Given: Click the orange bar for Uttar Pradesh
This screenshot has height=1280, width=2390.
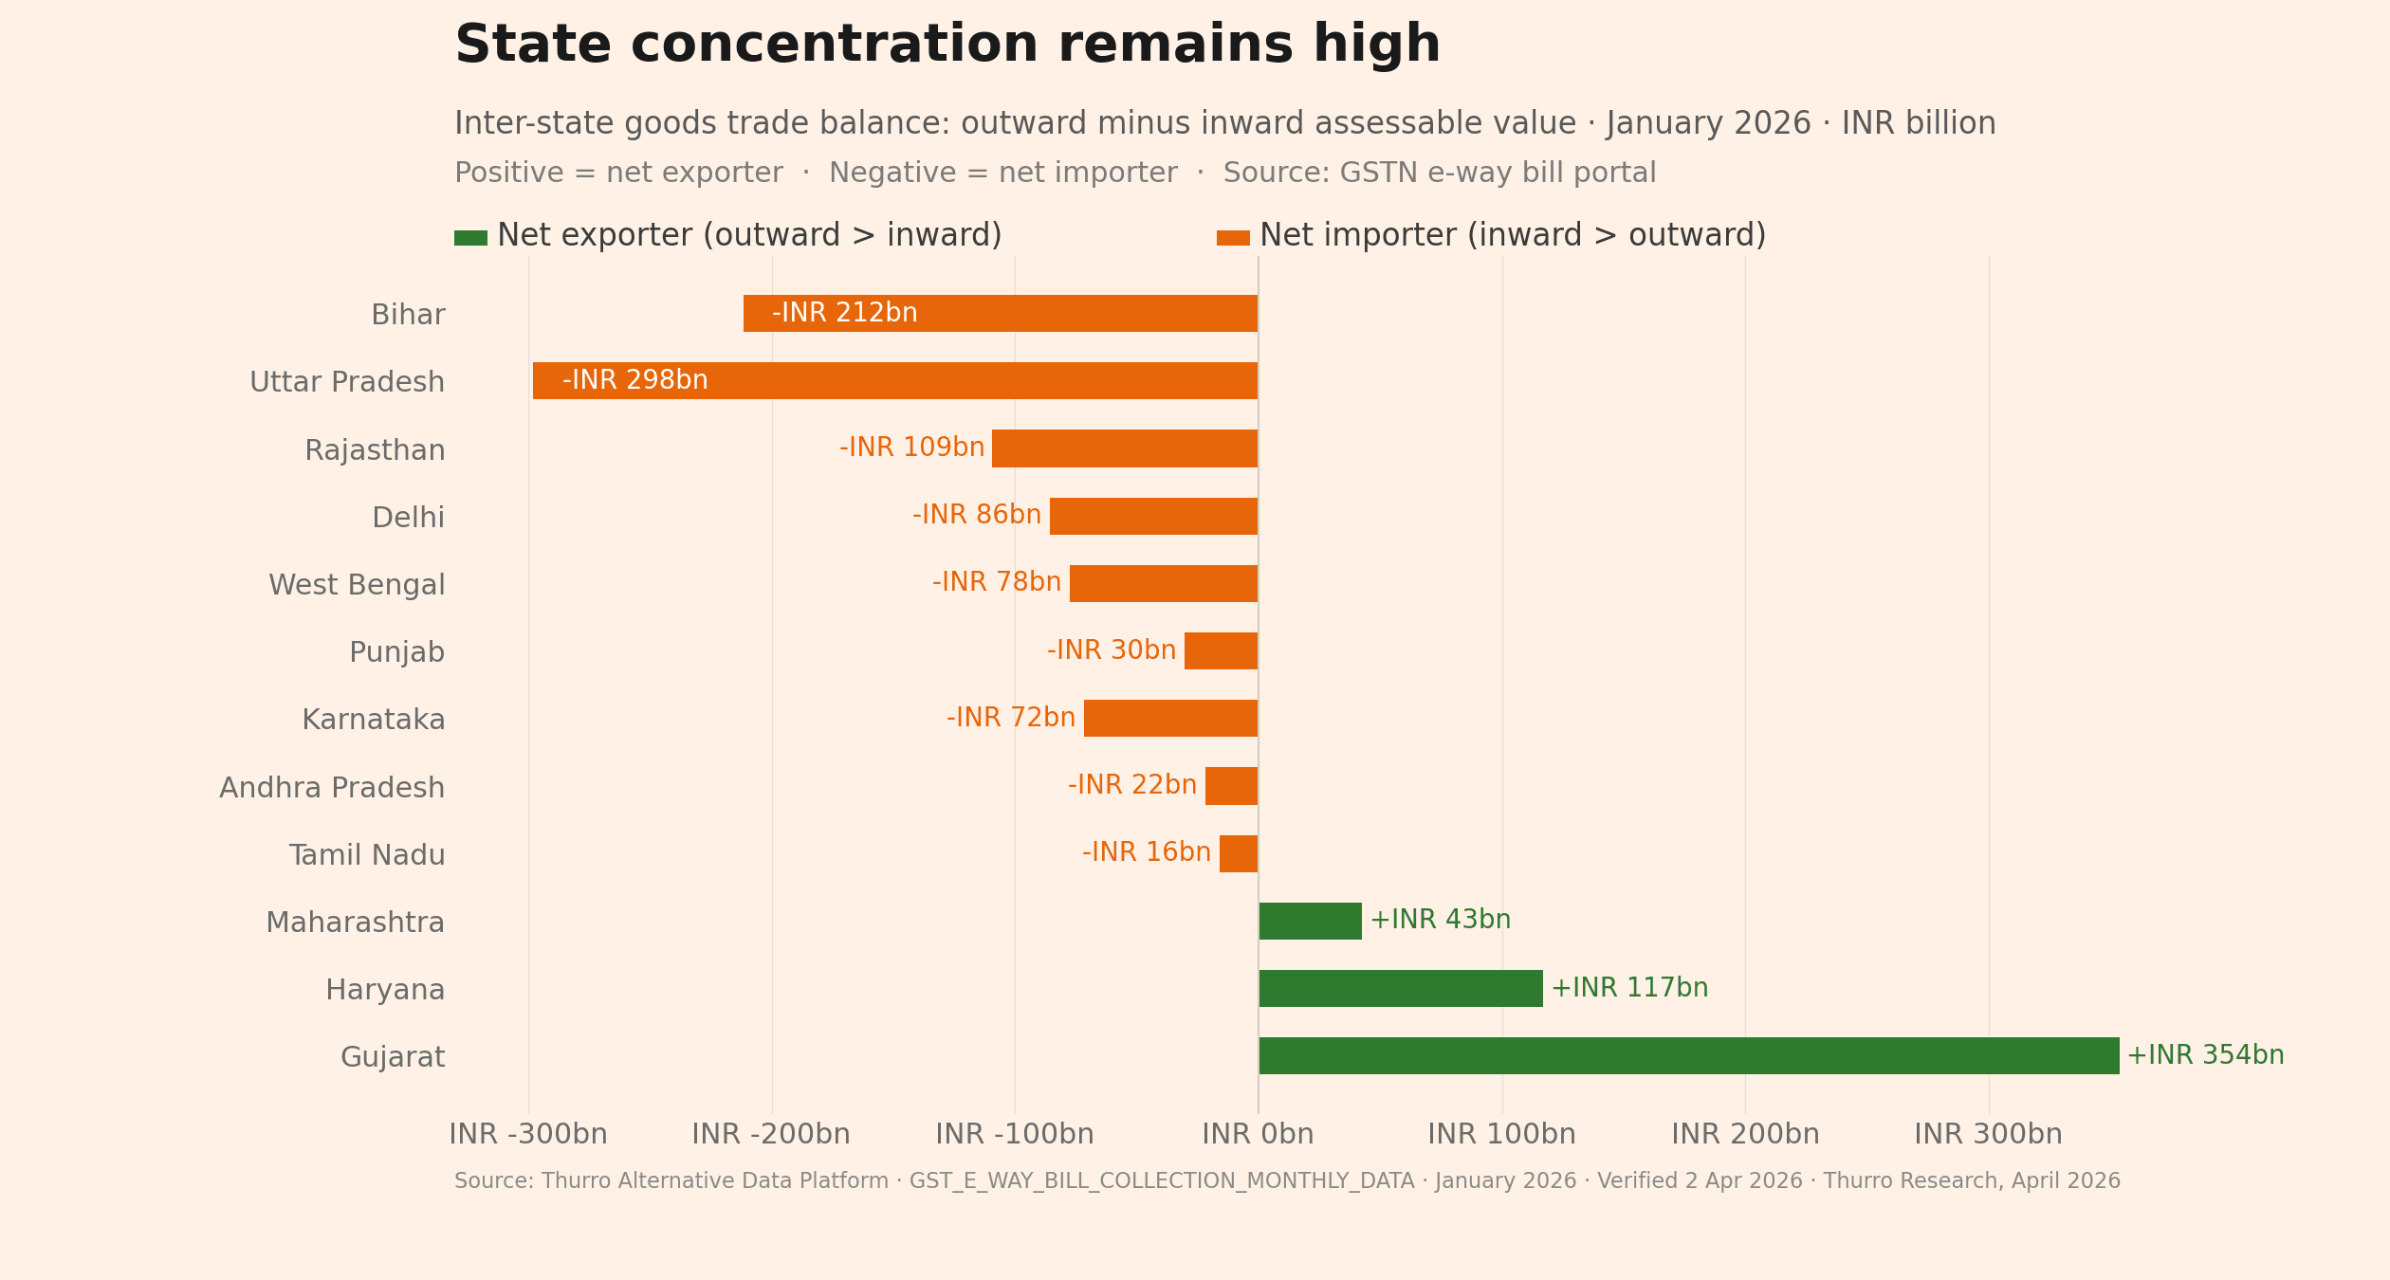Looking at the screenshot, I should tap(894, 380).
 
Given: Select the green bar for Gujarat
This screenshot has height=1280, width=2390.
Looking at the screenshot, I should tap(1688, 1055).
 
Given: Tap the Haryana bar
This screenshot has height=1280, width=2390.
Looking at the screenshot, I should tap(1400, 988).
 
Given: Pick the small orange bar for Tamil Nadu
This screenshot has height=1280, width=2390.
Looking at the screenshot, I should tap(1238, 853).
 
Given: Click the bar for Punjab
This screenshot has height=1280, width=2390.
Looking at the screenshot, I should tap(1221, 650).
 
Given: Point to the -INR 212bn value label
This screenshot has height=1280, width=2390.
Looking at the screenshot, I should tap(844, 313).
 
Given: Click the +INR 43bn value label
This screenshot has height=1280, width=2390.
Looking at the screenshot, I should tap(1440, 920).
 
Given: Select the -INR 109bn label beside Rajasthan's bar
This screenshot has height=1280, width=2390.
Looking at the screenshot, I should tap(911, 448).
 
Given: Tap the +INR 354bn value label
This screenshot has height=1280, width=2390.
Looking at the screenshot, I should tap(2205, 1055).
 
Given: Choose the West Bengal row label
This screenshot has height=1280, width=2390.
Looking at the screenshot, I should tap(357, 585).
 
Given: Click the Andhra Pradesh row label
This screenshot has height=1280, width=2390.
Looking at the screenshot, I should tap(332, 788).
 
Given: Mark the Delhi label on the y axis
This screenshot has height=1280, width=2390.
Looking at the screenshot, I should tap(408, 518).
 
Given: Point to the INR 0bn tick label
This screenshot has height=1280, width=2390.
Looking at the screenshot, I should tap(1258, 1135).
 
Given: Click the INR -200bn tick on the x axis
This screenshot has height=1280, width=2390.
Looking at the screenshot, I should tap(770, 1135).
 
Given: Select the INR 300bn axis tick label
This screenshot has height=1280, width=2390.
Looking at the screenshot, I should tap(1988, 1135).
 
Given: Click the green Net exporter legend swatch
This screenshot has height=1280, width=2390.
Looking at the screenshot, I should tap(470, 238).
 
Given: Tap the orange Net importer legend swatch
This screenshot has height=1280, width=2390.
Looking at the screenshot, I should tap(1233, 238).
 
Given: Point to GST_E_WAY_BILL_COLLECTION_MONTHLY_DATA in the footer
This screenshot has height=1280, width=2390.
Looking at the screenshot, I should tap(1161, 1181).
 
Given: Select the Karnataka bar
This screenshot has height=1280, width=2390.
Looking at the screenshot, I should tap(1170, 718).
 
